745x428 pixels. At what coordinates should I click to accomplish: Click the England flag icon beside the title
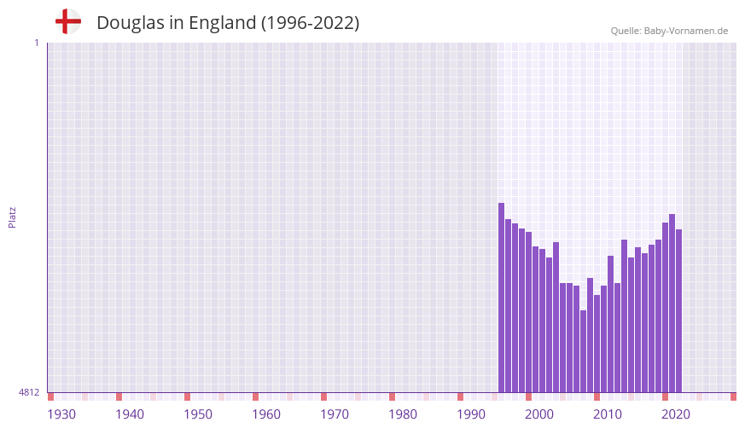pyautogui.click(x=68, y=22)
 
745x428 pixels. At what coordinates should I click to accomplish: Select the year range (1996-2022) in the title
pyautogui.click(x=311, y=23)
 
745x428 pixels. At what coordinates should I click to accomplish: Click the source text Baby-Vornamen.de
pyautogui.click(x=686, y=31)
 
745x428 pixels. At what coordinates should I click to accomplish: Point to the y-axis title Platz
pyautogui.click(x=12, y=217)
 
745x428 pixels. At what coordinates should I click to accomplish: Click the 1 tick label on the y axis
pyautogui.click(x=36, y=43)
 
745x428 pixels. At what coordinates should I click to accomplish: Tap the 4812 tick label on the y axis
pyautogui.click(x=29, y=392)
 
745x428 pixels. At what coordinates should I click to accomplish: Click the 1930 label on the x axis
pyautogui.click(x=61, y=414)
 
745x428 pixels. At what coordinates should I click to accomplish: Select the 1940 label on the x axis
pyautogui.click(x=130, y=414)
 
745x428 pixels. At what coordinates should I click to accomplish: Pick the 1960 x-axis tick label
pyautogui.click(x=266, y=414)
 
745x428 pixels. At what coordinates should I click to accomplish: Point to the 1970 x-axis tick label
pyautogui.click(x=335, y=414)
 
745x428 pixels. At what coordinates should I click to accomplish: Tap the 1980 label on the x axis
pyautogui.click(x=403, y=414)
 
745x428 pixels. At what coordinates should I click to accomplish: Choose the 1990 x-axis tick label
pyautogui.click(x=471, y=414)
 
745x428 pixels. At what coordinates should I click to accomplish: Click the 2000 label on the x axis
pyautogui.click(x=539, y=414)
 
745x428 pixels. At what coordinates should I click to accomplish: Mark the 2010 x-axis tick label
pyautogui.click(x=608, y=414)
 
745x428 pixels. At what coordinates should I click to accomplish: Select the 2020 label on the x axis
pyautogui.click(x=676, y=414)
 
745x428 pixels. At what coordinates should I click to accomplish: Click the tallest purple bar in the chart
pyautogui.click(x=502, y=298)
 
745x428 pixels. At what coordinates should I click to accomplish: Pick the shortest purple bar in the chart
pyautogui.click(x=584, y=351)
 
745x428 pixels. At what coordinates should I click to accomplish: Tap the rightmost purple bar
pyautogui.click(x=679, y=310)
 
